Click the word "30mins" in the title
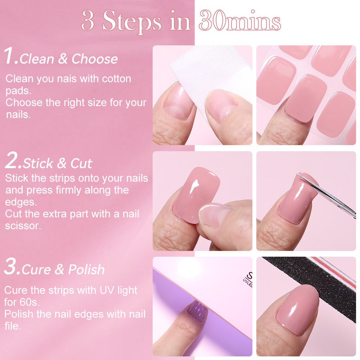tap(240, 21)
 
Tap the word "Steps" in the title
tap(132, 22)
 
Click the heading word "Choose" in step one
tap(95, 59)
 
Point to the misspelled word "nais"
tap(67, 79)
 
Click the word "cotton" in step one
tap(117, 79)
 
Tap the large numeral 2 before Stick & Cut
tap(12, 160)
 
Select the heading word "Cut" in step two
tap(81, 163)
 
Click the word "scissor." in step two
tap(23, 226)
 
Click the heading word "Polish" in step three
tap(86, 269)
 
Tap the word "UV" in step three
tap(107, 290)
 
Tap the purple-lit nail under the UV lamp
tap(197, 311)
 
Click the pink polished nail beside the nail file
tap(298, 310)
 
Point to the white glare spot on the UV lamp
tap(189, 268)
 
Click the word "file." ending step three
tap(13, 326)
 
